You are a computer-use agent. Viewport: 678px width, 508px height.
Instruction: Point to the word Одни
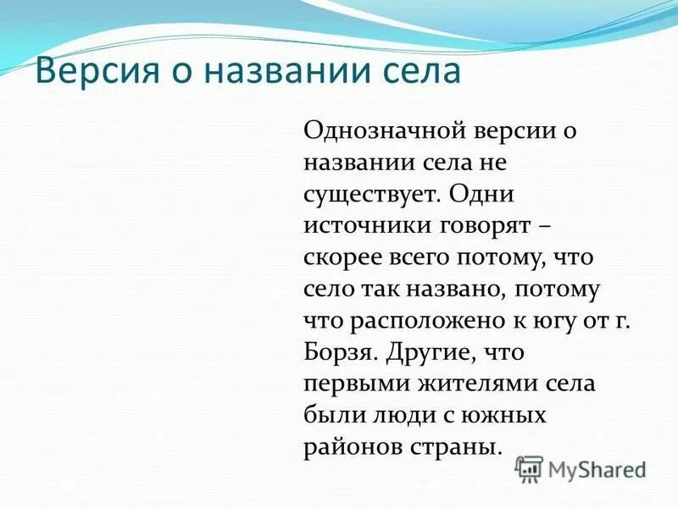click(x=482, y=194)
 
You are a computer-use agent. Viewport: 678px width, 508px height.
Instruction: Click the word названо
click(x=462, y=289)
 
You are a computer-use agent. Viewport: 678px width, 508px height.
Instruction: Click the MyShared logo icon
click(x=530, y=468)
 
